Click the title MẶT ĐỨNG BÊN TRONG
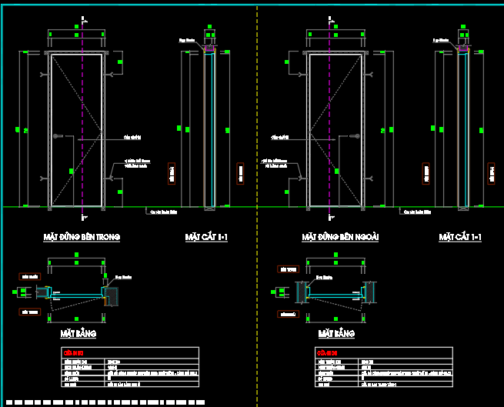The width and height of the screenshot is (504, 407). (82, 238)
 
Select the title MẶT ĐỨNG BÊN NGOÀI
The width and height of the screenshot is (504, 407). (341, 238)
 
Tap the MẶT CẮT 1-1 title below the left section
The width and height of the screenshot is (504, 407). (206, 238)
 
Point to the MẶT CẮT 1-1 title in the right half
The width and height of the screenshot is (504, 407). (460, 238)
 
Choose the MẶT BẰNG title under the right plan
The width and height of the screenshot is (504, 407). (336, 335)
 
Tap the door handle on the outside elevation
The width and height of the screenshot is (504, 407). (355, 137)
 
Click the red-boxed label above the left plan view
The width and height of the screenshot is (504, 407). (29, 275)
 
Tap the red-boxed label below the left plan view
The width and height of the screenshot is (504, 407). (29, 312)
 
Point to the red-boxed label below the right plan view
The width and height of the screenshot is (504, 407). (288, 315)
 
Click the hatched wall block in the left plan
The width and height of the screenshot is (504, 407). (111, 295)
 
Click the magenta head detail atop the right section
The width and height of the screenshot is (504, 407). (463, 48)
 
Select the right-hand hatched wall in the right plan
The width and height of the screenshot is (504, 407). (370, 291)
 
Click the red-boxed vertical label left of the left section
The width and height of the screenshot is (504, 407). (170, 174)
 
